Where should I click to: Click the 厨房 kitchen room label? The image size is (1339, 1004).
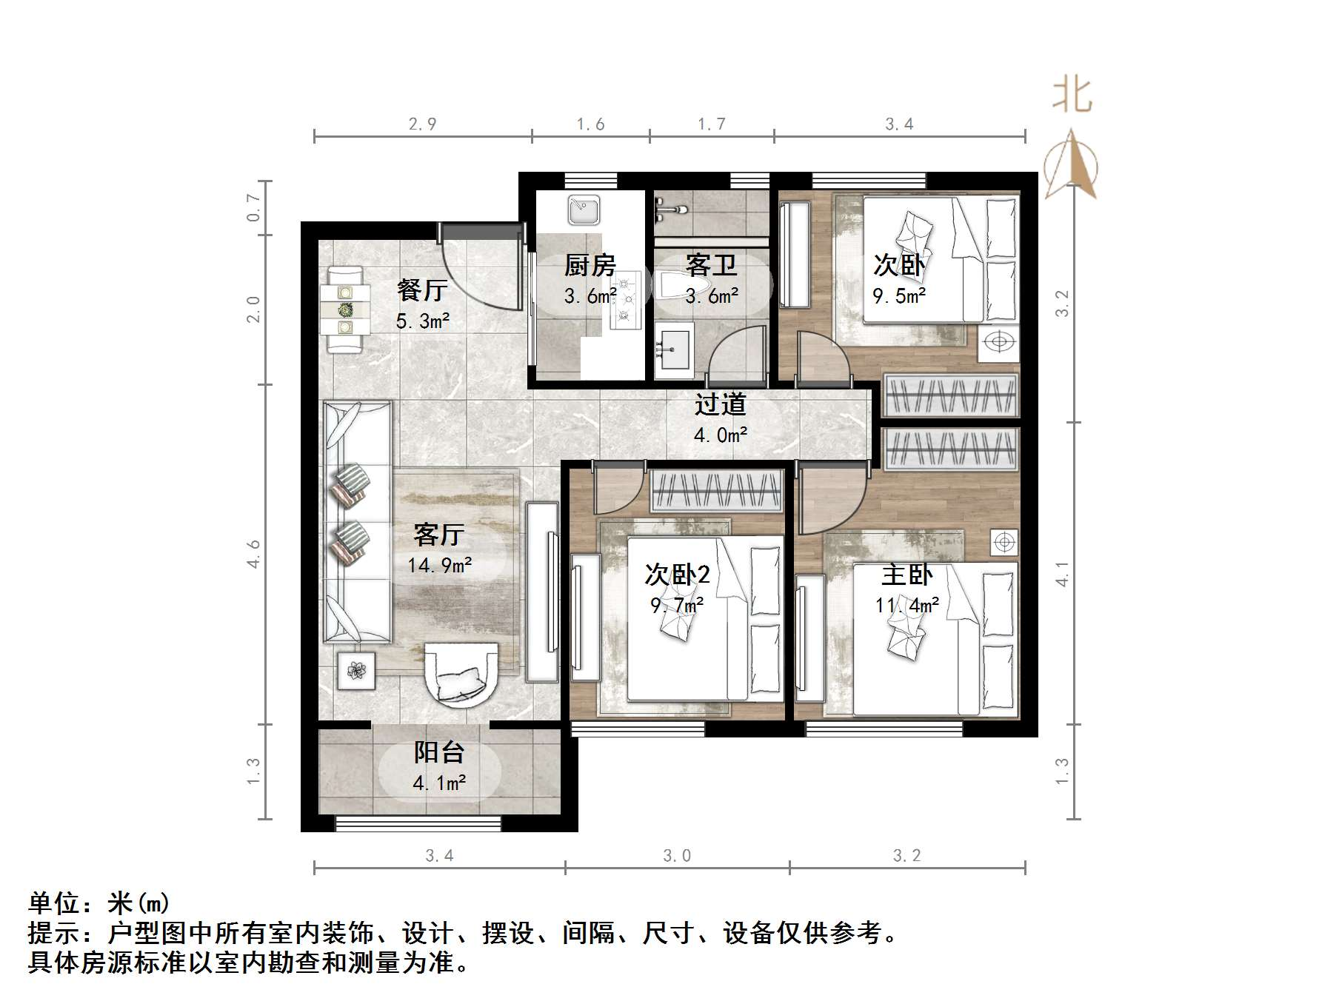(x=590, y=264)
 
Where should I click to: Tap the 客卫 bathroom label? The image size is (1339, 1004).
(x=711, y=264)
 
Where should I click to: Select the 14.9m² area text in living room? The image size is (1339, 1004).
(x=439, y=566)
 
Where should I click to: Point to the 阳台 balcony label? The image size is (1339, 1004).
(x=438, y=752)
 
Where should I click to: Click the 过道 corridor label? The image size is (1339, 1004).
(x=720, y=404)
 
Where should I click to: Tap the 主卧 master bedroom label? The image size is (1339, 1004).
(x=906, y=575)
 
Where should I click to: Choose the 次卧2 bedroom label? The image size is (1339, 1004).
(x=677, y=575)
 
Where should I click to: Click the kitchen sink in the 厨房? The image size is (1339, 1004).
(x=584, y=210)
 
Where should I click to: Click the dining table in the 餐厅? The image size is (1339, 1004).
(x=344, y=309)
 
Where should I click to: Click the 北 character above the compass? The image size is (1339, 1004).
(x=1072, y=96)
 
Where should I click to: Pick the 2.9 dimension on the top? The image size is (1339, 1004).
(x=422, y=124)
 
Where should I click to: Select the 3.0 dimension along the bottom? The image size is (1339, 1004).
(x=677, y=856)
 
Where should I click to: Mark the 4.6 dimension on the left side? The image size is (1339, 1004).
(x=254, y=554)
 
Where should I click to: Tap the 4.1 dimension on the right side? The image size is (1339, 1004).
(x=1062, y=574)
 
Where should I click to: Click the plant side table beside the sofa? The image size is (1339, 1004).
(x=357, y=671)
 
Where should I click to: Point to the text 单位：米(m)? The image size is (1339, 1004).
(x=98, y=904)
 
